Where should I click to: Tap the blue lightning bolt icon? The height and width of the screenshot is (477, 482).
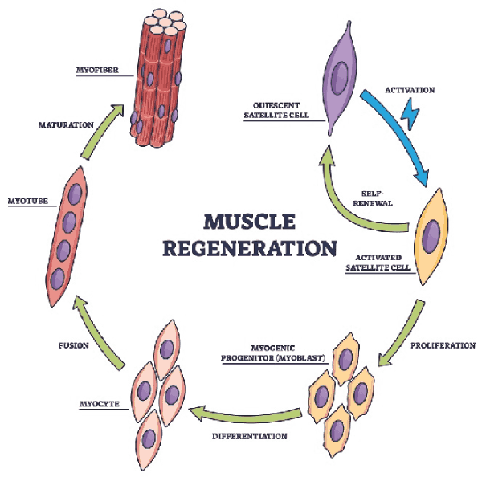click(x=410, y=113)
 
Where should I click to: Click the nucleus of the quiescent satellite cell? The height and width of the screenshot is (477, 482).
click(x=340, y=78)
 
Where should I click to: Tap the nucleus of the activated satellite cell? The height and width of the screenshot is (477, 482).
click(x=431, y=236)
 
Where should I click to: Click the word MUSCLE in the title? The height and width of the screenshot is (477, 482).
click(x=250, y=222)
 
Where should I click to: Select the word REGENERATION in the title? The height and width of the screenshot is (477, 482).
click(x=250, y=248)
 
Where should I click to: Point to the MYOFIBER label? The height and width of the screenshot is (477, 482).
click(x=97, y=70)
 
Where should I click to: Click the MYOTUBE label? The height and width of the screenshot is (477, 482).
click(x=28, y=201)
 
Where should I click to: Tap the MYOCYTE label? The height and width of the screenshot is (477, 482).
click(x=100, y=404)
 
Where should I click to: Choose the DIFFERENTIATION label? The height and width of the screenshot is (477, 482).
click(x=250, y=436)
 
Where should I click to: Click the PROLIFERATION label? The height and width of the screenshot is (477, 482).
click(x=443, y=345)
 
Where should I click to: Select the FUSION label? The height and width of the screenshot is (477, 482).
click(x=73, y=346)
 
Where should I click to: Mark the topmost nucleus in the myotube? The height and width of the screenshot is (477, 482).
click(x=75, y=194)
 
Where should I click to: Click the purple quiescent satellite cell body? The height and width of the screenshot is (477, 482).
click(x=340, y=78)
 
